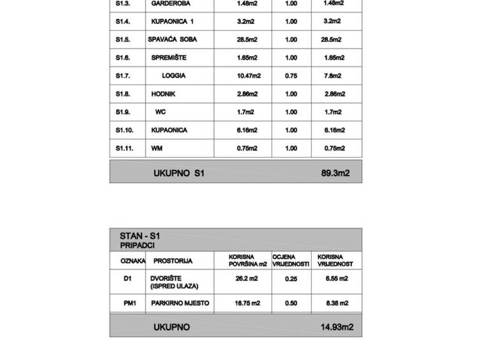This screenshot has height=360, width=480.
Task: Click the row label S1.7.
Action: click(x=123, y=76)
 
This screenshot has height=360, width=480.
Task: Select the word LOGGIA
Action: click(x=173, y=76)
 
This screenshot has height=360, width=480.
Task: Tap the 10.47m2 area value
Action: click(x=248, y=76)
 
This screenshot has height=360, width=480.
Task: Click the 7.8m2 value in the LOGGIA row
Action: click(x=332, y=76)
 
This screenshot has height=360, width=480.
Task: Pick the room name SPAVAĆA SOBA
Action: click(x=172, y=39)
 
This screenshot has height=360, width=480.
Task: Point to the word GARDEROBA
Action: click(x=171, y=3)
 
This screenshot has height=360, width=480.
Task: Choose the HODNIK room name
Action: click(x=163, y=94)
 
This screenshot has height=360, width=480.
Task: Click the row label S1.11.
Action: click(x=125, y=148)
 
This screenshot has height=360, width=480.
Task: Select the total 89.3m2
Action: click(x=335, y=173)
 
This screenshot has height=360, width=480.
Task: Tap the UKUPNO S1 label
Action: click(x=179, y=173)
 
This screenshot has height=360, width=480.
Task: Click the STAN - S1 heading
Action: click(x=140, y=236)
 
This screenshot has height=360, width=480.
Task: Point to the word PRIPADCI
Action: click(x=137, y=245)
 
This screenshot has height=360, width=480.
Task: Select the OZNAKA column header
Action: click(x=133, y=261)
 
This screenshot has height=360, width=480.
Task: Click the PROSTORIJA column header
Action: click(x=173, y=261)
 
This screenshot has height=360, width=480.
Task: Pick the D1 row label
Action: click(x=127, y=279)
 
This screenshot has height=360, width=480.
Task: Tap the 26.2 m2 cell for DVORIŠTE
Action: click(x=247, y=278)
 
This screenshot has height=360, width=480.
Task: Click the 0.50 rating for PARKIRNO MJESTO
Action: click(x=291, y=303)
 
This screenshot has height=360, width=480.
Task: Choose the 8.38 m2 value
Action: click(x=337, y=303)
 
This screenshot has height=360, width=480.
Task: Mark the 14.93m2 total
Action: click(x=337, y=327)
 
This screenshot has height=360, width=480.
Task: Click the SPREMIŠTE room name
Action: click(x=169, y=58)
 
